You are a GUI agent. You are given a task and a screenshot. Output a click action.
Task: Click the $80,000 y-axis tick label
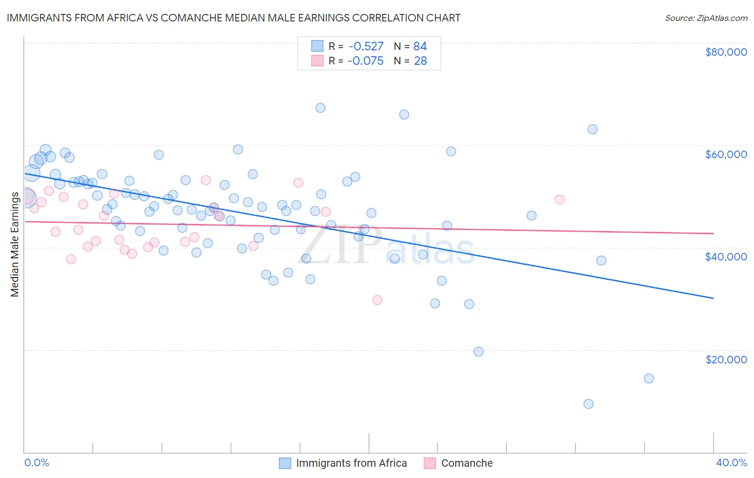(x=726, y=52)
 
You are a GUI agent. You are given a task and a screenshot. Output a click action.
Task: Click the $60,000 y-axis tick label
(x=726, y=154)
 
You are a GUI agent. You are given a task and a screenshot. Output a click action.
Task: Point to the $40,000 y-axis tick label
(x=726, y=257)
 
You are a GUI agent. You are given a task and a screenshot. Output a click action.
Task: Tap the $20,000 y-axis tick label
(x=726, y=359)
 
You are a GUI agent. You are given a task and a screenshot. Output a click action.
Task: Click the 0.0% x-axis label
(x=36, y=462)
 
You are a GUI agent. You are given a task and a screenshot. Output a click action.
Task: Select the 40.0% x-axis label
(x=731, y=462)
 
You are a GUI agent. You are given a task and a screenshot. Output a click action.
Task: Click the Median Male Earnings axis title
(x=15, y=244)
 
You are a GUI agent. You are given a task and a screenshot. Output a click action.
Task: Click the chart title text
(x=233, y=18)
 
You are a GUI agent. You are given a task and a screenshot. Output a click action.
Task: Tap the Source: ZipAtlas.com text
(x=706, y=18)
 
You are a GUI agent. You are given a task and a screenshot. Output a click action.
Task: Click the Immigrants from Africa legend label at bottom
(x=351, y=463)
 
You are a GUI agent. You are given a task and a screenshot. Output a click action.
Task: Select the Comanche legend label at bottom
(x=467, y=463)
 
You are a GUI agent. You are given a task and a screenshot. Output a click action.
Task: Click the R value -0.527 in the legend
(x=365, y=47)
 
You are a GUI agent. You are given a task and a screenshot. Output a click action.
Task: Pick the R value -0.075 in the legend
(x=365, y=61)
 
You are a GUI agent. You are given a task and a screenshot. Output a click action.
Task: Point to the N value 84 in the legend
(x=420, y=47)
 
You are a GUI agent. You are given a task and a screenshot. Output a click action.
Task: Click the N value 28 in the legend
(x=420, y=61)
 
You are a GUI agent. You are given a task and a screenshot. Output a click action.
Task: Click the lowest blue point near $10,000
(x=588, y=404)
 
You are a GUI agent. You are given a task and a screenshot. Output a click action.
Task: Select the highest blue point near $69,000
(x=320, y=108)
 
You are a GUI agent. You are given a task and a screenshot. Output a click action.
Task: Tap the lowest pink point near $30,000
(x=377, y=300)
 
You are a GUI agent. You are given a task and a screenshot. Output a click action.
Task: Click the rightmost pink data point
(x=559, y=200)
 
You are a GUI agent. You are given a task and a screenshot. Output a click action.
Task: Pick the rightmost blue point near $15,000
(x=648, y=378)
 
